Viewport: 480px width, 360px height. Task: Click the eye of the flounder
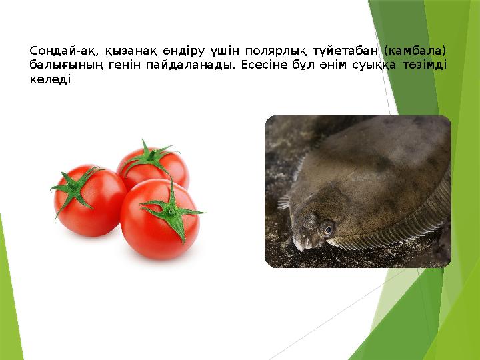point(327,228)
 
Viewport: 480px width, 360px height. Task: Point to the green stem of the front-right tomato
point(172,211)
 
